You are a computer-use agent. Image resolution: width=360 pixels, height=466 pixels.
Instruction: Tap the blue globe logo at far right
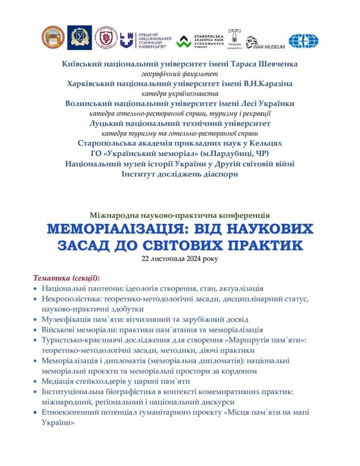pyautogui.click(x=303, y=41)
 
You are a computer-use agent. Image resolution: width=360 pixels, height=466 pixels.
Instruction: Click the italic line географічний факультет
pyautogui.click(x=180, y=74)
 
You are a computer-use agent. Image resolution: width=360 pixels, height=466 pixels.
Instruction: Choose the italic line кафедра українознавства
pyautogui.click(x=180, y=94)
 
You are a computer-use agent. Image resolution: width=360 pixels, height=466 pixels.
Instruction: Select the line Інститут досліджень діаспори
pyautogui.click(x=180, y=173)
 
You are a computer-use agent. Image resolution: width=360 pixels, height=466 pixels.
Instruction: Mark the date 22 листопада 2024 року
pyautogui.click(x=180, y=259)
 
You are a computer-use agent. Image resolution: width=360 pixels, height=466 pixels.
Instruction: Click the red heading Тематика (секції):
pyautogui.click(x=66, y=278)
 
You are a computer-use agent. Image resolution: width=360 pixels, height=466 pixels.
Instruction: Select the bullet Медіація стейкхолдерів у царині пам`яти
pyautogui.click(x=115, y=381)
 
